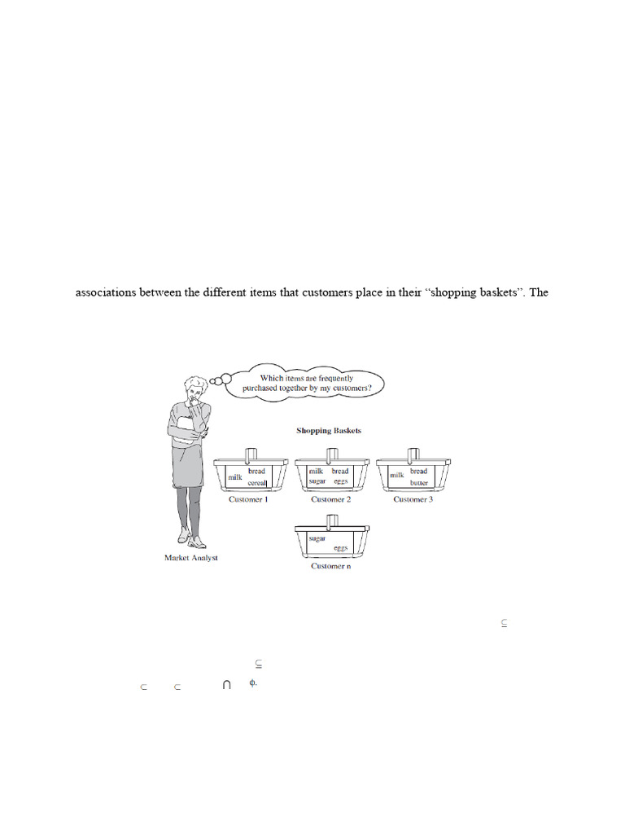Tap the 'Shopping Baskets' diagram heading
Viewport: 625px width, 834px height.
click(x=329, y=430)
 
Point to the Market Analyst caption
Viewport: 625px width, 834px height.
click(x=191, y=558)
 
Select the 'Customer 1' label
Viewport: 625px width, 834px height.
click(x=249, y=499)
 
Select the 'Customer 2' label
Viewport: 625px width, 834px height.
click(x=330, y=499)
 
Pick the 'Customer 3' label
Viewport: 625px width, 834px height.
click(x=413, y=499)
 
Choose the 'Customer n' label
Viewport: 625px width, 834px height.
click(x=330, y=566)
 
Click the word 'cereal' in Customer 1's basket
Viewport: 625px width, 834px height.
click(x=257, y=483)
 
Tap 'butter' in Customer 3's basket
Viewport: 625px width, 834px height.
click(x=419, y=483)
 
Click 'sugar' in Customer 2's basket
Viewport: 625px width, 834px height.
click(x=317, y=482)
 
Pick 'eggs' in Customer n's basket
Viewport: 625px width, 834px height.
click(x=340, y=548)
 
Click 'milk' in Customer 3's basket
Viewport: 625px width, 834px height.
click(x=398, y=475)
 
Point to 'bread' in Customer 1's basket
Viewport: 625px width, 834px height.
click(x=256, y=471)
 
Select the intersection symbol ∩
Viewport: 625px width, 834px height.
click(x=227, y=686)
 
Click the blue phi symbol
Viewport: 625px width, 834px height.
click(x=252, y=684)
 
